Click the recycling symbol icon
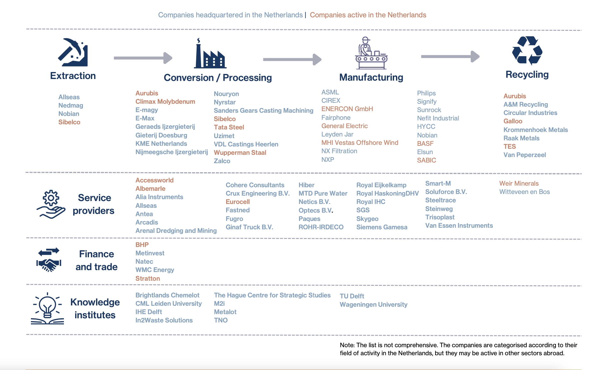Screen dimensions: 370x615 tap(527, 50)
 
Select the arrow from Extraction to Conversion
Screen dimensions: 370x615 tap(143, 58)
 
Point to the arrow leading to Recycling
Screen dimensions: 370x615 tap(450, 57)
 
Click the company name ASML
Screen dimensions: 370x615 tap(330, 92)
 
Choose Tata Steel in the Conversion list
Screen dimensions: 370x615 tap(229, 127)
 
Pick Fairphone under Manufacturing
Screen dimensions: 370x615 tap(336, 118)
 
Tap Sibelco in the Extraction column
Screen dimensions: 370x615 tap(69, 122)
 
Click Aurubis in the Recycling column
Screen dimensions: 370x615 tap(514, 96)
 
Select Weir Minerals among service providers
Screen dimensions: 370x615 tap(519, 183)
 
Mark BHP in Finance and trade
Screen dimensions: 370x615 tap(142, 245)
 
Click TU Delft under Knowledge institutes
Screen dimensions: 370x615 tap(352, 296)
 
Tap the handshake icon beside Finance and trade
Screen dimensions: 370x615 tap(49, 260)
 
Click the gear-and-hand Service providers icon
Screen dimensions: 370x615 tap(51, 204)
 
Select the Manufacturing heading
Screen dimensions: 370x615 tap(371, 77)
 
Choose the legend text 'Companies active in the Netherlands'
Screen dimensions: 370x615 tap(368, 15)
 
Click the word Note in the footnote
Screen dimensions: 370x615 tap(347, 345)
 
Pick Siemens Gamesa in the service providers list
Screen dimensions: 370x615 tap(382, 227)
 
